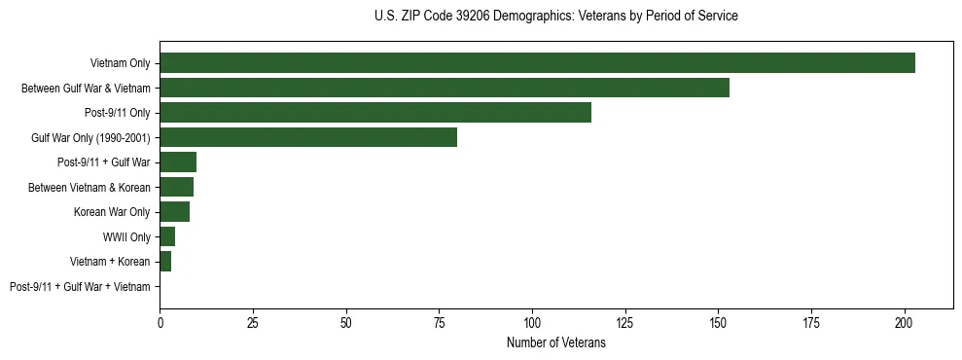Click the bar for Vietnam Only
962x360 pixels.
537,63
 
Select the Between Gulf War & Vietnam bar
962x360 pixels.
445,88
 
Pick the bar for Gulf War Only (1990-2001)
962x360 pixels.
308,137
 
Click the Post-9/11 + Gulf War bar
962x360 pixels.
178,162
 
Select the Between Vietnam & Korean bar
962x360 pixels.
176,187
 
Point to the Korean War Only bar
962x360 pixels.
174,212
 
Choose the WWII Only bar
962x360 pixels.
167,236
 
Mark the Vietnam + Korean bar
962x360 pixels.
165,262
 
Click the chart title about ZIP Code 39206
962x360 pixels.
555,17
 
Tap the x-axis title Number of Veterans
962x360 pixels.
555,343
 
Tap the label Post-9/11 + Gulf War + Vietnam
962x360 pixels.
80,287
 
